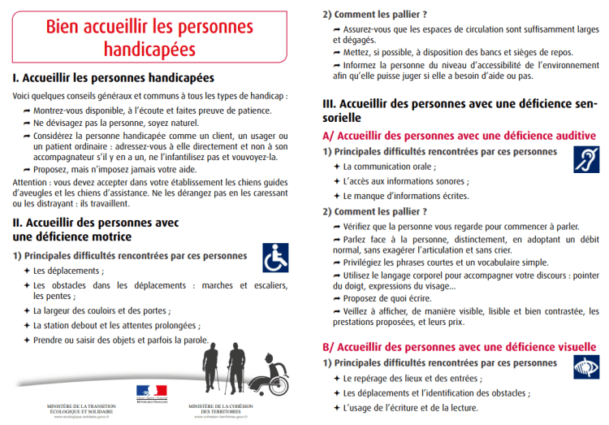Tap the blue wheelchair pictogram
pyautogui.click(x=274, y=258)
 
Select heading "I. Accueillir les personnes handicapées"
pyautogui.click(x=113, y=79)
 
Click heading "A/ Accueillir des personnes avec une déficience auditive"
pyautogui.click(x=459, y=136)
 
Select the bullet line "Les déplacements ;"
pyautogui.click(x=68, y=270)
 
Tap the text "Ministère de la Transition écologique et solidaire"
pyautogui.click(x=80, y=409)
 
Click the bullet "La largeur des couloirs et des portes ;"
pyautogui.click(x=101, y=310)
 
